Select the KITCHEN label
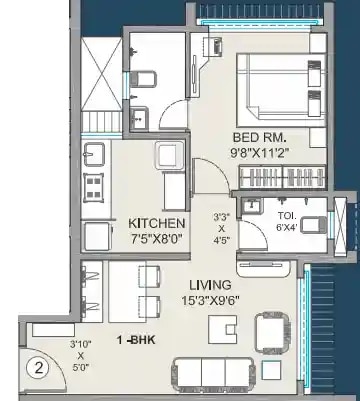pyautogui.click(x=157, y=222)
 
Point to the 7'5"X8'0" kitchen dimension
pyautogui.click(x=157, y=238)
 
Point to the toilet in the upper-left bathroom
pyautogui.click(x=145, y=76)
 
